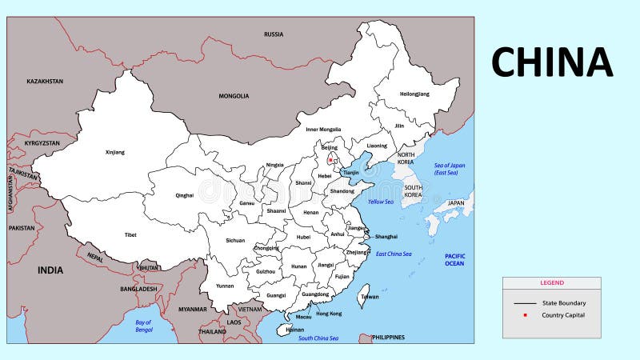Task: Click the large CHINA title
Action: click(552, 62)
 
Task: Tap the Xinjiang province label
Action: click(115, 151)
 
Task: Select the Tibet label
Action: click(130, 234)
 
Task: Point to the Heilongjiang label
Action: click(414, 94)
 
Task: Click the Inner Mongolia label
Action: click(323, 129)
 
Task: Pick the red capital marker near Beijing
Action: click(330, 160)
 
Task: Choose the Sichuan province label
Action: click(235, 240)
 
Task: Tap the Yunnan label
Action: click(225, 286)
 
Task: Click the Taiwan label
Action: click(370, 296)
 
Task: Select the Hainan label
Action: click(294, 329)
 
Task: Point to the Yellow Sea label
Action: click(381, 202)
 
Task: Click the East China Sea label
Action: click(394, 254)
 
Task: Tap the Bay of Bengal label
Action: click(144, 326)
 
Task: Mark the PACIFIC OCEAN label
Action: click(454, 259)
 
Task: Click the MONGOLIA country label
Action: click(234, 96)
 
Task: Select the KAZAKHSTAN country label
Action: click(45, 81)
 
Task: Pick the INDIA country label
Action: click(50, 270)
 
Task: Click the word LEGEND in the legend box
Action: click(551, 282)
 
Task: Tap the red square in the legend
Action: click(525, 315)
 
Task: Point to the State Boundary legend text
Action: click(564, 303)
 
